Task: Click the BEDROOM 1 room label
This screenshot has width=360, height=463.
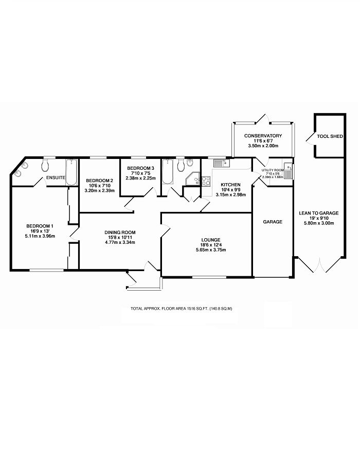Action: pos(40,226)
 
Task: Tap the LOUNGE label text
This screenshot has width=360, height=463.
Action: pos(211,240)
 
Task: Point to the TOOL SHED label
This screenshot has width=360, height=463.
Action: pos(330,136)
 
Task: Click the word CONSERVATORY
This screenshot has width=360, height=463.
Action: pos(263,135)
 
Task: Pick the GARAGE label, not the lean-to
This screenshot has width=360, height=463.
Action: pos(273,222)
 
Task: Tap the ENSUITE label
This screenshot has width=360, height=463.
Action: pos(56,177)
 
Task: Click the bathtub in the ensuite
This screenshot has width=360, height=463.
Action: pos(70,170)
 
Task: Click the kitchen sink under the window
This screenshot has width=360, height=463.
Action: pos(222,164)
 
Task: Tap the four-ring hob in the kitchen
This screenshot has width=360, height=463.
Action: pos(206,181)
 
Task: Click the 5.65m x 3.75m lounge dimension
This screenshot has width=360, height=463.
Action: pos(211,250)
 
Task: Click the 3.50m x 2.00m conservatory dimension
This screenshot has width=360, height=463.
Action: pos(263,146)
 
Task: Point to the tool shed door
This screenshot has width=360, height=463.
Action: pos(310,137)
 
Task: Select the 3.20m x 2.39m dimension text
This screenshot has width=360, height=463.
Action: pos(100,190)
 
